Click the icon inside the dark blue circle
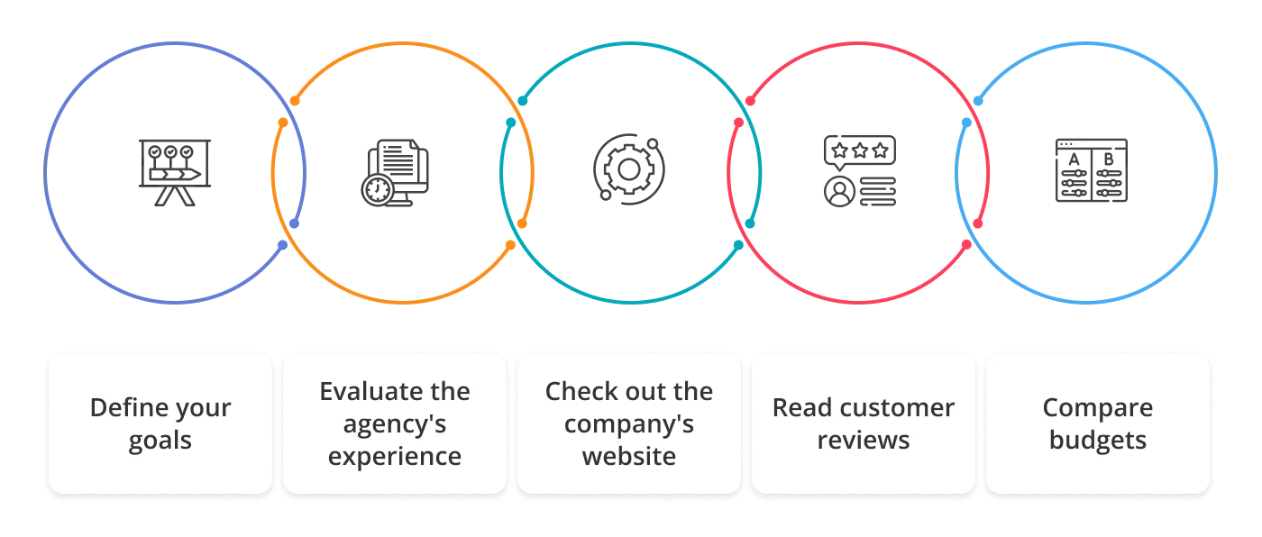178,172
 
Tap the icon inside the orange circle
397,173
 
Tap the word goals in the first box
160,441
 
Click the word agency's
394,424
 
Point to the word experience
394,457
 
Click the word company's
629,424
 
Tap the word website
629,456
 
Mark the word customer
896,407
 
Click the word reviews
863,441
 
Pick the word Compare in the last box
1097,407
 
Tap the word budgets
1097,441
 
